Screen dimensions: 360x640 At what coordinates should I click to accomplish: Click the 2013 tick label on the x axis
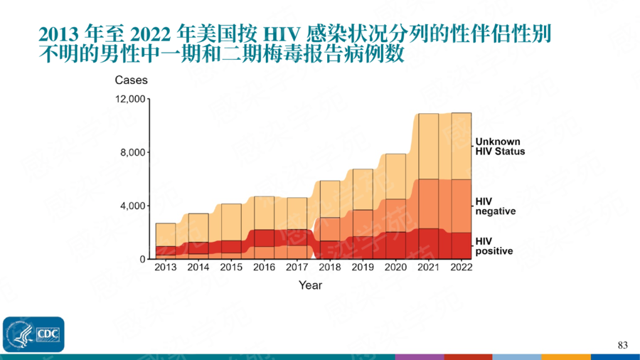[165, 268]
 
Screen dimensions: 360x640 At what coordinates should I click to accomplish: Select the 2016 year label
[264, 268]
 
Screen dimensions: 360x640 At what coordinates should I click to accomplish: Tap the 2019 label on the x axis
[363, 268]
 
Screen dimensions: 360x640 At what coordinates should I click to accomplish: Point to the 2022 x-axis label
[462, 268]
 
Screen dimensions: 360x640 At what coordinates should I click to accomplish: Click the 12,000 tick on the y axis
[131, 99]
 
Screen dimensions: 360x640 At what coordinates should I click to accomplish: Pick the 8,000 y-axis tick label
[134, 152]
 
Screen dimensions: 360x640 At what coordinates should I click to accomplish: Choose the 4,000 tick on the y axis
[134, 206]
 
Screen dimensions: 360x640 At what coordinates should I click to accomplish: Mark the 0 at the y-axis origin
[142, 259]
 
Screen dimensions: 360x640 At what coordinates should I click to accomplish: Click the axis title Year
[310, 285]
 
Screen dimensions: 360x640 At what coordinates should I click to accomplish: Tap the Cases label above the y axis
[131, 80]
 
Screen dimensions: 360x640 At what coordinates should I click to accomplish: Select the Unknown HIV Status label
[500, 146]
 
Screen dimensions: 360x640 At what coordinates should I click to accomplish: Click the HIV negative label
[496, 206]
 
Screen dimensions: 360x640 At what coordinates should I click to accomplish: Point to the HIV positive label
[494, 245]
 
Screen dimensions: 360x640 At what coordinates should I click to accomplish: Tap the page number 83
[623, 345]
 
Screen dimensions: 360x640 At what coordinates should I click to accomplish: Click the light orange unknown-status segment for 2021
[428, 146]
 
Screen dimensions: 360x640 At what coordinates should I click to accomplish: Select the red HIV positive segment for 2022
[461, 245]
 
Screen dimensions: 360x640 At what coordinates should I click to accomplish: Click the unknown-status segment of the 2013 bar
[165, 235]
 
